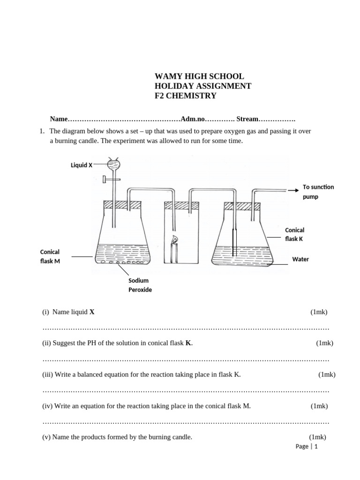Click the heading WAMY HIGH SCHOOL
click(199, 76)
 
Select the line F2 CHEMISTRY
click(185, 96)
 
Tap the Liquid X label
click(81, 165)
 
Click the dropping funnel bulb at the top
click(113, 165)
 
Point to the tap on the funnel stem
click(107, 179)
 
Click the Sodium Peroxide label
click(140, 285)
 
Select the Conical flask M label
click(50, 256)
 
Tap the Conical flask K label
click(294, 234)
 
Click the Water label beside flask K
click(300, 259)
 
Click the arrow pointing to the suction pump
click(293, 190)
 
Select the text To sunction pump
click(318, 192)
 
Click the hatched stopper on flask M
click(122, 204)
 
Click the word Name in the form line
click(59, 119)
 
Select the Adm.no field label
click(193, 119)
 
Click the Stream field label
click(247, 119)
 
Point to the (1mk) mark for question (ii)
click(324, 343)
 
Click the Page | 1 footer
click(307, 446)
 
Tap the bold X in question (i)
click(92, 312)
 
